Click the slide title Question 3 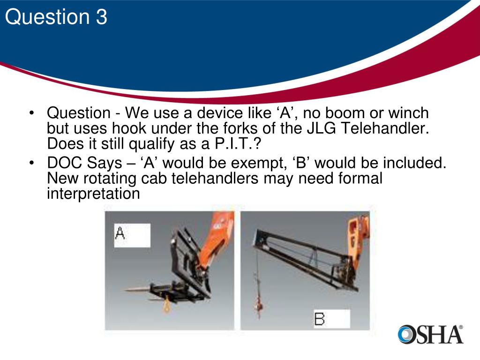56,18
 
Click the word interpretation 93,193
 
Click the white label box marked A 132,235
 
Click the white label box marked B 331,318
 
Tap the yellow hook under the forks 167,306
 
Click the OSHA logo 430,334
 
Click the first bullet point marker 31,114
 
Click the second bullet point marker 31,164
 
